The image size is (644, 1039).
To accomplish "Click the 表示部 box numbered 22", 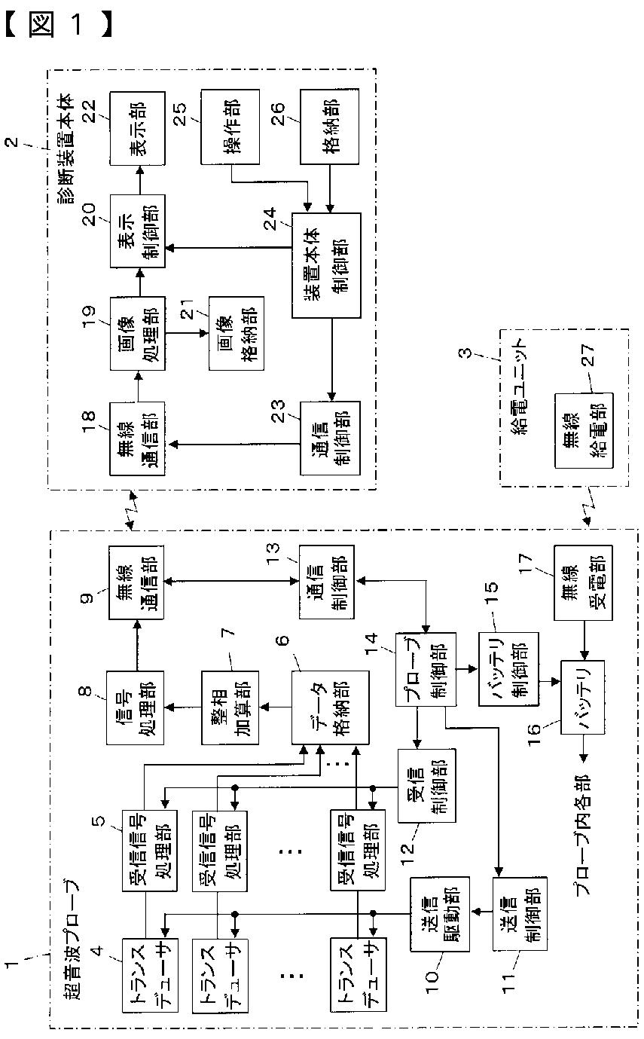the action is (x=137, y=128).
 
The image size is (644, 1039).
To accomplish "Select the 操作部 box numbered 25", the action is (x=230, y=127).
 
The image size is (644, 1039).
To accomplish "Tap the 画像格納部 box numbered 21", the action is (x=237, y=333).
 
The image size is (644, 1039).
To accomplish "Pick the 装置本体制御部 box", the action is (x=326, y=265).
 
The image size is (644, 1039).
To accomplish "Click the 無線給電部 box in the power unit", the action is (x=584, y=430).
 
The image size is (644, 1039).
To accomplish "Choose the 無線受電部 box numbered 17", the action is (x=583, y=582).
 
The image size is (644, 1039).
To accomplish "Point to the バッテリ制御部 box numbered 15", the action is (x=508, y=669).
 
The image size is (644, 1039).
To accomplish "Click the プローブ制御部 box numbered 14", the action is (x=426, y=669).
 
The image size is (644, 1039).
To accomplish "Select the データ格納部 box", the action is (x=330, y=707).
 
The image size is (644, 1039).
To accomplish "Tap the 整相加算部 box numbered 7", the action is (x=230, y=707).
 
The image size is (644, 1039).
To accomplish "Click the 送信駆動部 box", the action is (x=440, y=914).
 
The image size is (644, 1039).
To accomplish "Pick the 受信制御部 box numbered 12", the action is (x=426, y=786).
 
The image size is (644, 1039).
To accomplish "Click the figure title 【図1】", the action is (x=59, y=24).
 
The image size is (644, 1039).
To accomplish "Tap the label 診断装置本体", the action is (x=65, y=149).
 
